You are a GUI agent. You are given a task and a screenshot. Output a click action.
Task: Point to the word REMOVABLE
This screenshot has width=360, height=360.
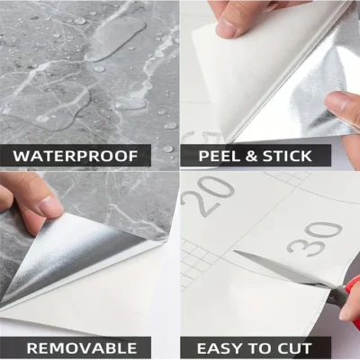point(81,347)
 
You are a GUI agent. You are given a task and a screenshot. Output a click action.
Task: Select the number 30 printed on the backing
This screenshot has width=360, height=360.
point(314,238)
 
